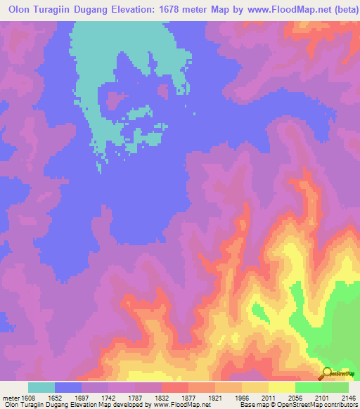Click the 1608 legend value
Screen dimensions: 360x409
pyautogui.click(x=29, y=397)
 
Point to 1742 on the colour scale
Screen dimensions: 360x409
pyautogui.click(x=108, y=397)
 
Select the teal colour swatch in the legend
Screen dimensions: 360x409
pyautogui.click(x=41, y=387)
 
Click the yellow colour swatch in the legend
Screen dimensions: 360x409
pyautogui.click(x=282, y=387)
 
